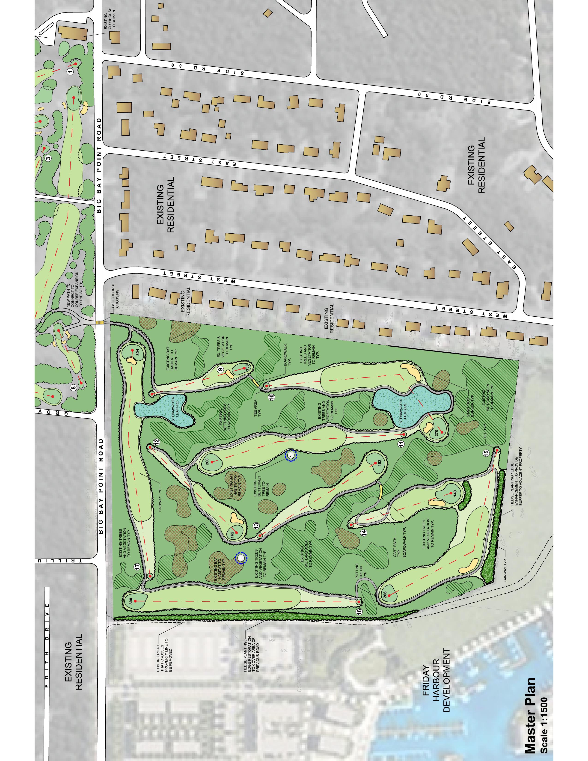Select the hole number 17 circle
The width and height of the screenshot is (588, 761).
tap(138, 567)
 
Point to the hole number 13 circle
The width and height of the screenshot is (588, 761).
tap(256, 525)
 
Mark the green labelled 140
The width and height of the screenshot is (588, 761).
tap(450, 493)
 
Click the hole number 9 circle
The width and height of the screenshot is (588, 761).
tap(220, 369)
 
